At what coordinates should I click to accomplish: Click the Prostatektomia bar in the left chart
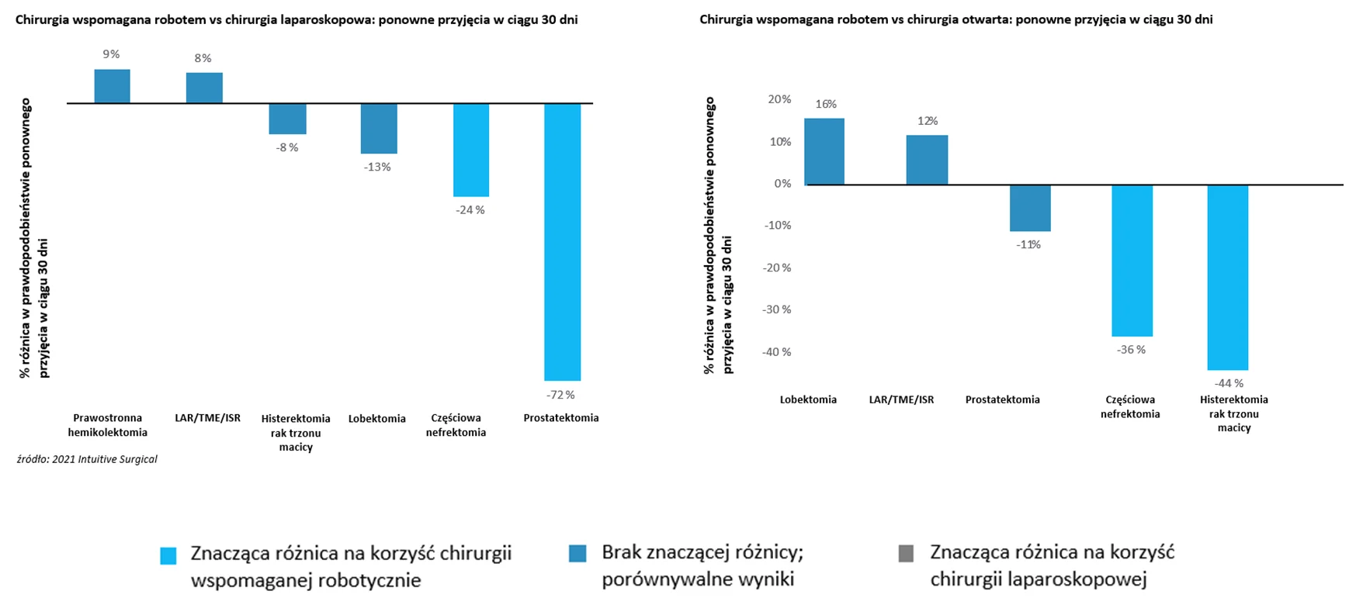(562, 241)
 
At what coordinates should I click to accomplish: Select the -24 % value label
(470, 210)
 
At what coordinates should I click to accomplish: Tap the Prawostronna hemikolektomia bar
(113, 86)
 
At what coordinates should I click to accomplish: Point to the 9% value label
(111, 54)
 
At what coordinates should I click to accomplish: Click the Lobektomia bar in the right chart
(824, 151)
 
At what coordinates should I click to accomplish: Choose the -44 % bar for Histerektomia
(1228, 277)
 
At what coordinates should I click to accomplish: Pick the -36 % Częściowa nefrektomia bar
(1132, 260)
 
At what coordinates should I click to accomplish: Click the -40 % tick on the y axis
(776, 352)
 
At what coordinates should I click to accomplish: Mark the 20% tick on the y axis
(779, 99)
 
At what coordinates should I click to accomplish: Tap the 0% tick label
(782, 184)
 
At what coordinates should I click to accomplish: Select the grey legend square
(906, 554)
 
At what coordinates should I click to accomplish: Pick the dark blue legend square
(577, 554)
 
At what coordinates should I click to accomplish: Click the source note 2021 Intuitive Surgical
(87, 459)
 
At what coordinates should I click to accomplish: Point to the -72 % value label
(560, 395)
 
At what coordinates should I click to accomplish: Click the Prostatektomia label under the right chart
(1002, 399)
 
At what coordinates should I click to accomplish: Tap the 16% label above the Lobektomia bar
(825, 104)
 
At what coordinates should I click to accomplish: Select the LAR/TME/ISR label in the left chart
(207, 418)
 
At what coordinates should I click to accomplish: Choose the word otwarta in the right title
(955, 19)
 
